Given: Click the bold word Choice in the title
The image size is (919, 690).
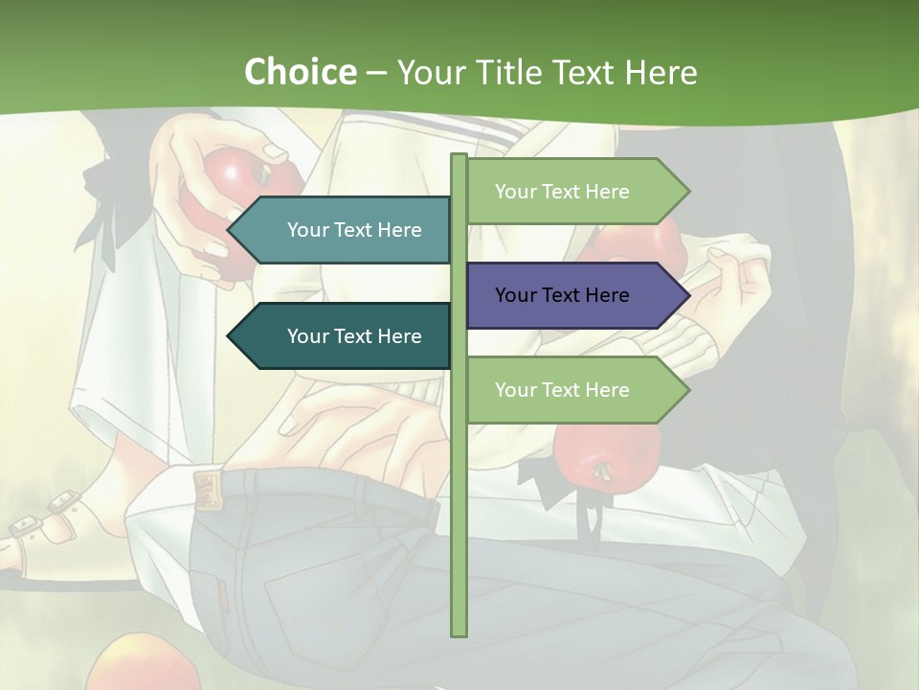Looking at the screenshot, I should click(300, 72).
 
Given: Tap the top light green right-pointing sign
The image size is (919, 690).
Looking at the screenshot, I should click(574, 192).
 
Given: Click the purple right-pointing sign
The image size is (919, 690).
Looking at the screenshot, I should click(574, 295).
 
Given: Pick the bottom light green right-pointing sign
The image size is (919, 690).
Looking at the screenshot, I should click(574, 390).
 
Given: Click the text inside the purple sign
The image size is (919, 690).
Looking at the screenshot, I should click(562, 295).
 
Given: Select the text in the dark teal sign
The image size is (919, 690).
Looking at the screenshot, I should click(354, 336).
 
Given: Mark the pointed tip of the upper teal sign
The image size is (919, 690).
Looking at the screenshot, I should click(231, 230).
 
